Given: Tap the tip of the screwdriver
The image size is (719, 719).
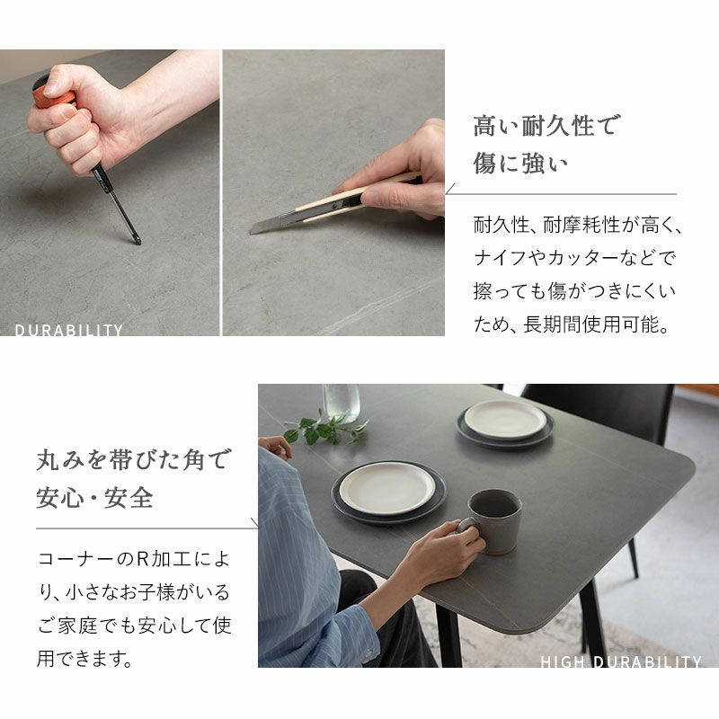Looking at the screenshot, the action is point(138,242).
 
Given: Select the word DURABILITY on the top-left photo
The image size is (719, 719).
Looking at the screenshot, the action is point(69,330).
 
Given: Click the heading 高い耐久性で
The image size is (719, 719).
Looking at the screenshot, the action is point(546,125).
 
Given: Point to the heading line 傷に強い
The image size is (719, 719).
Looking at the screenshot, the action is point(520,164).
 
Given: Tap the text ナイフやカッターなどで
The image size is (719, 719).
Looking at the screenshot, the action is point(574,258).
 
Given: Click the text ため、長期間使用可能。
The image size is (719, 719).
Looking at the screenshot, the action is point(572,324).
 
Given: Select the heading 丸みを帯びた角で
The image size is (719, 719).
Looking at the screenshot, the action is point(134,459).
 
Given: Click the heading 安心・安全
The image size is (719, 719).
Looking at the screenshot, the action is point(94,498).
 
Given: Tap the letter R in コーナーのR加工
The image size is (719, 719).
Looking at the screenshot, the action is point(144,559).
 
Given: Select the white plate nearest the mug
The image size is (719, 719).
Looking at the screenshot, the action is point(387,487).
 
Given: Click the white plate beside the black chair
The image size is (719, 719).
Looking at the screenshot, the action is point(505,420).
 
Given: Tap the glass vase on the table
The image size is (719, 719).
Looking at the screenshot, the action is point(341,402).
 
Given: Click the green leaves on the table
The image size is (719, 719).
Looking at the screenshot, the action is point(324,428).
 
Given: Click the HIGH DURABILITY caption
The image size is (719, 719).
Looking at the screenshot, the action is point(621,661).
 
